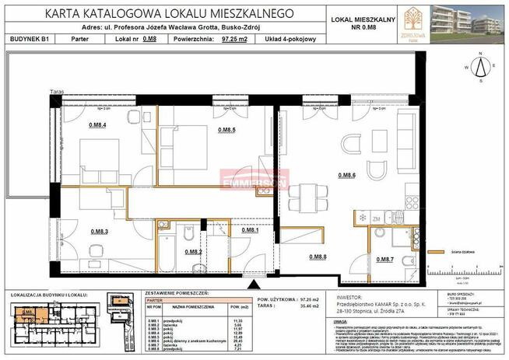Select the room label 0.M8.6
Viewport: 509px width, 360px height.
coord(346,177)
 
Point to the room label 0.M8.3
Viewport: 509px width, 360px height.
coord(98,231)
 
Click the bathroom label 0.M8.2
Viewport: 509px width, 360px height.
coord(193,251)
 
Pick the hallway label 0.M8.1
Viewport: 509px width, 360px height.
coord(250,231)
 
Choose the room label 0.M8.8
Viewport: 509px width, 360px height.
coord(318,257)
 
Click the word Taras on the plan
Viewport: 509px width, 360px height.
coord(54,91)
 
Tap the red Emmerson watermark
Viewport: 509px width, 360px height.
coord(254,183)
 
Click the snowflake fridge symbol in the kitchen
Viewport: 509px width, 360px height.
coord(362,217)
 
